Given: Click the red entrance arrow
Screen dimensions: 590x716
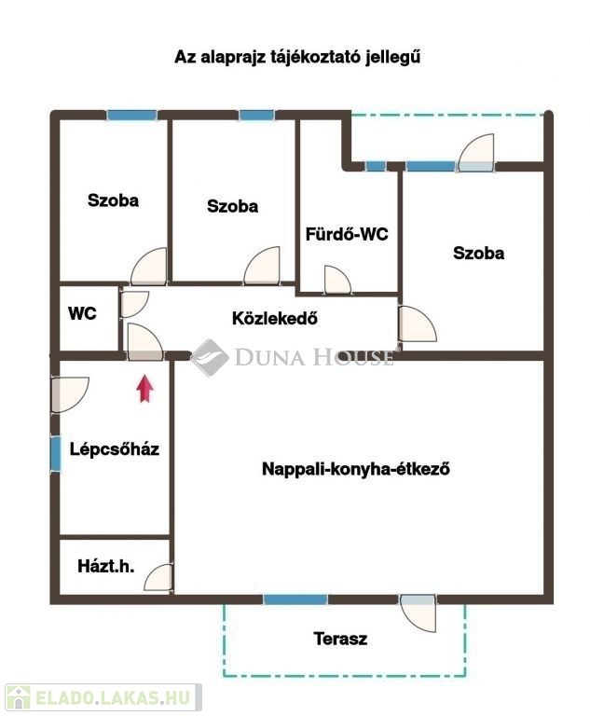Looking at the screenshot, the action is pyautogui.click(x=144, y=389).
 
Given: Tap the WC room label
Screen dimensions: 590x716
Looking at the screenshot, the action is pyautogui.click(x=82, y=313).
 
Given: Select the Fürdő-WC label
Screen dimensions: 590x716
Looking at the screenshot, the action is pyautogui.click(x=347, y=234).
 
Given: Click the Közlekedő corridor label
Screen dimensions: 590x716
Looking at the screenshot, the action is pyautogui.click(x=275, y=318).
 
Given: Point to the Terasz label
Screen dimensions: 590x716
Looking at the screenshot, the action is pyautogui.click(x=340, y=639).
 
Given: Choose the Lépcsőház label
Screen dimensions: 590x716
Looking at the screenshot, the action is pyautogui.click(x=114, y=448).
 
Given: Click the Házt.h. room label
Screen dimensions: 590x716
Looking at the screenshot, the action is pyautogui.click(x=106, y=566).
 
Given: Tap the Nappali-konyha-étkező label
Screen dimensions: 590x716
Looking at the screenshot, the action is pyautogui.click(x=356, y=469).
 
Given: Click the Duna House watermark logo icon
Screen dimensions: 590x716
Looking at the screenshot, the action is pyautogui.click(x=210, y=357).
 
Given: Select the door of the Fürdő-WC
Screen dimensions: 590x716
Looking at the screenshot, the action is pyautogui.click(x=337, y=280).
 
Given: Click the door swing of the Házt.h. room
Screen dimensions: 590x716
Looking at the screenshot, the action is pyautogui.click(x=158, y=578).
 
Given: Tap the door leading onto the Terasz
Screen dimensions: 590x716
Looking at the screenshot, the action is pyautogui.click(x=418, y=613).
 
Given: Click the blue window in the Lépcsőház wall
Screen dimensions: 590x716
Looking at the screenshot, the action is pyautogui.click(x=55, y=454).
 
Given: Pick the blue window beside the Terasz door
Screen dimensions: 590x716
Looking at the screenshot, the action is pyautogui.click(x=295, y=599).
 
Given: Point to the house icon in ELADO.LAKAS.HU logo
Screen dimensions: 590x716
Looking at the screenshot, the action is pyautogui.click(x=19, y=697).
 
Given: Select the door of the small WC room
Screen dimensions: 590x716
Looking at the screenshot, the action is pyautogui.click(x=134, y=304).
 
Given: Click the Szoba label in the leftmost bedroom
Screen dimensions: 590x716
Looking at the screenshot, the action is pyautogui.click(x=114, y=200).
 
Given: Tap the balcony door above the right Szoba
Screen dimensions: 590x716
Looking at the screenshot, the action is pyautogui.click(x=476, y=153).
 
